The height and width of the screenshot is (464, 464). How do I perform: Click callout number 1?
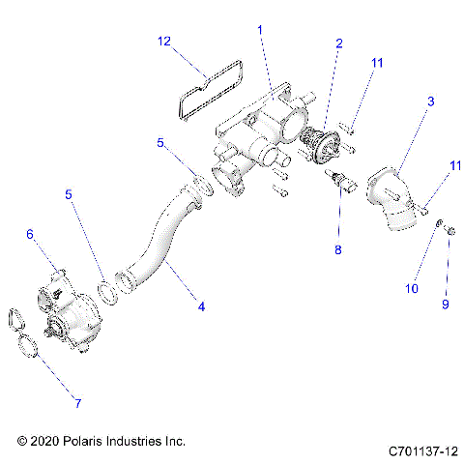pos(259,30)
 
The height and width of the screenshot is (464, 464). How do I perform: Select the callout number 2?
pos(338,43)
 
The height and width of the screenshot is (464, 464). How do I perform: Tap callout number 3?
pos(430,101)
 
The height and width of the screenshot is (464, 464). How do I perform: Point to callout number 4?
pos(200,307)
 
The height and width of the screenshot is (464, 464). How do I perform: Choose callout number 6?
pos(30,234)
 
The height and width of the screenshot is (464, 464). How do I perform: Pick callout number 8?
pos(337,249)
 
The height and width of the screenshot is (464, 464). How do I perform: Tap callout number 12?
pos(164,42)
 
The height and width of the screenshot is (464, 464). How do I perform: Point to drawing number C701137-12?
pos(421,451)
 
